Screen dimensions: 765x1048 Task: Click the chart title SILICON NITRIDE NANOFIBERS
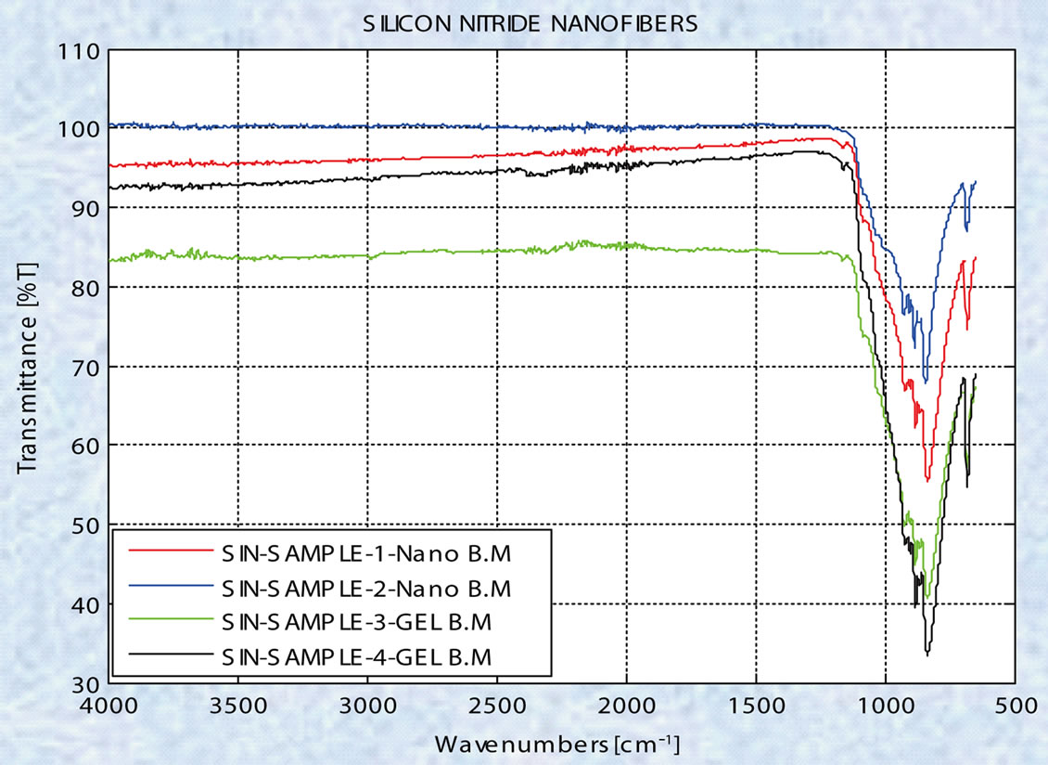point(530,25)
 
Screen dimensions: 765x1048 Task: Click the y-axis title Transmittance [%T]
point(27,367)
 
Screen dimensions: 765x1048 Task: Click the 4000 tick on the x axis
point(109,707)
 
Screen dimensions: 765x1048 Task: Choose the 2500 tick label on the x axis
point(497,707)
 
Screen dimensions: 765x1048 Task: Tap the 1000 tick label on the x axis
point(886,707)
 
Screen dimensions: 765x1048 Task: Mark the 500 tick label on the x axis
point(1015,707)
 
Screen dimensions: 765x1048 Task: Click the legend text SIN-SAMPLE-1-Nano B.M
point(366,555)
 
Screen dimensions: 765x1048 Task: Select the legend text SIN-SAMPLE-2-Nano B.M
point(366,589)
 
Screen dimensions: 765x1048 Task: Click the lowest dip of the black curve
point(927,655)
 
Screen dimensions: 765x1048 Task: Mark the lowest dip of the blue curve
point(925,381)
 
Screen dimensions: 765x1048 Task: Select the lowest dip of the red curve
point(927,480)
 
